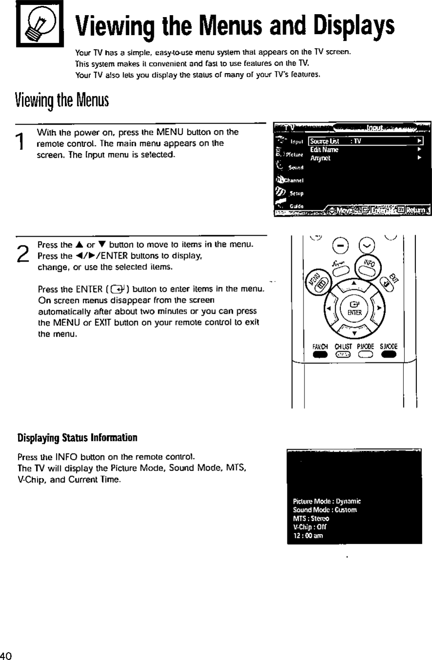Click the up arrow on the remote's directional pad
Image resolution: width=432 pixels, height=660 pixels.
click(x=354, y=284)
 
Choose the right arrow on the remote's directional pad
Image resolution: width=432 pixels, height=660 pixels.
click(x=379, y=308)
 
